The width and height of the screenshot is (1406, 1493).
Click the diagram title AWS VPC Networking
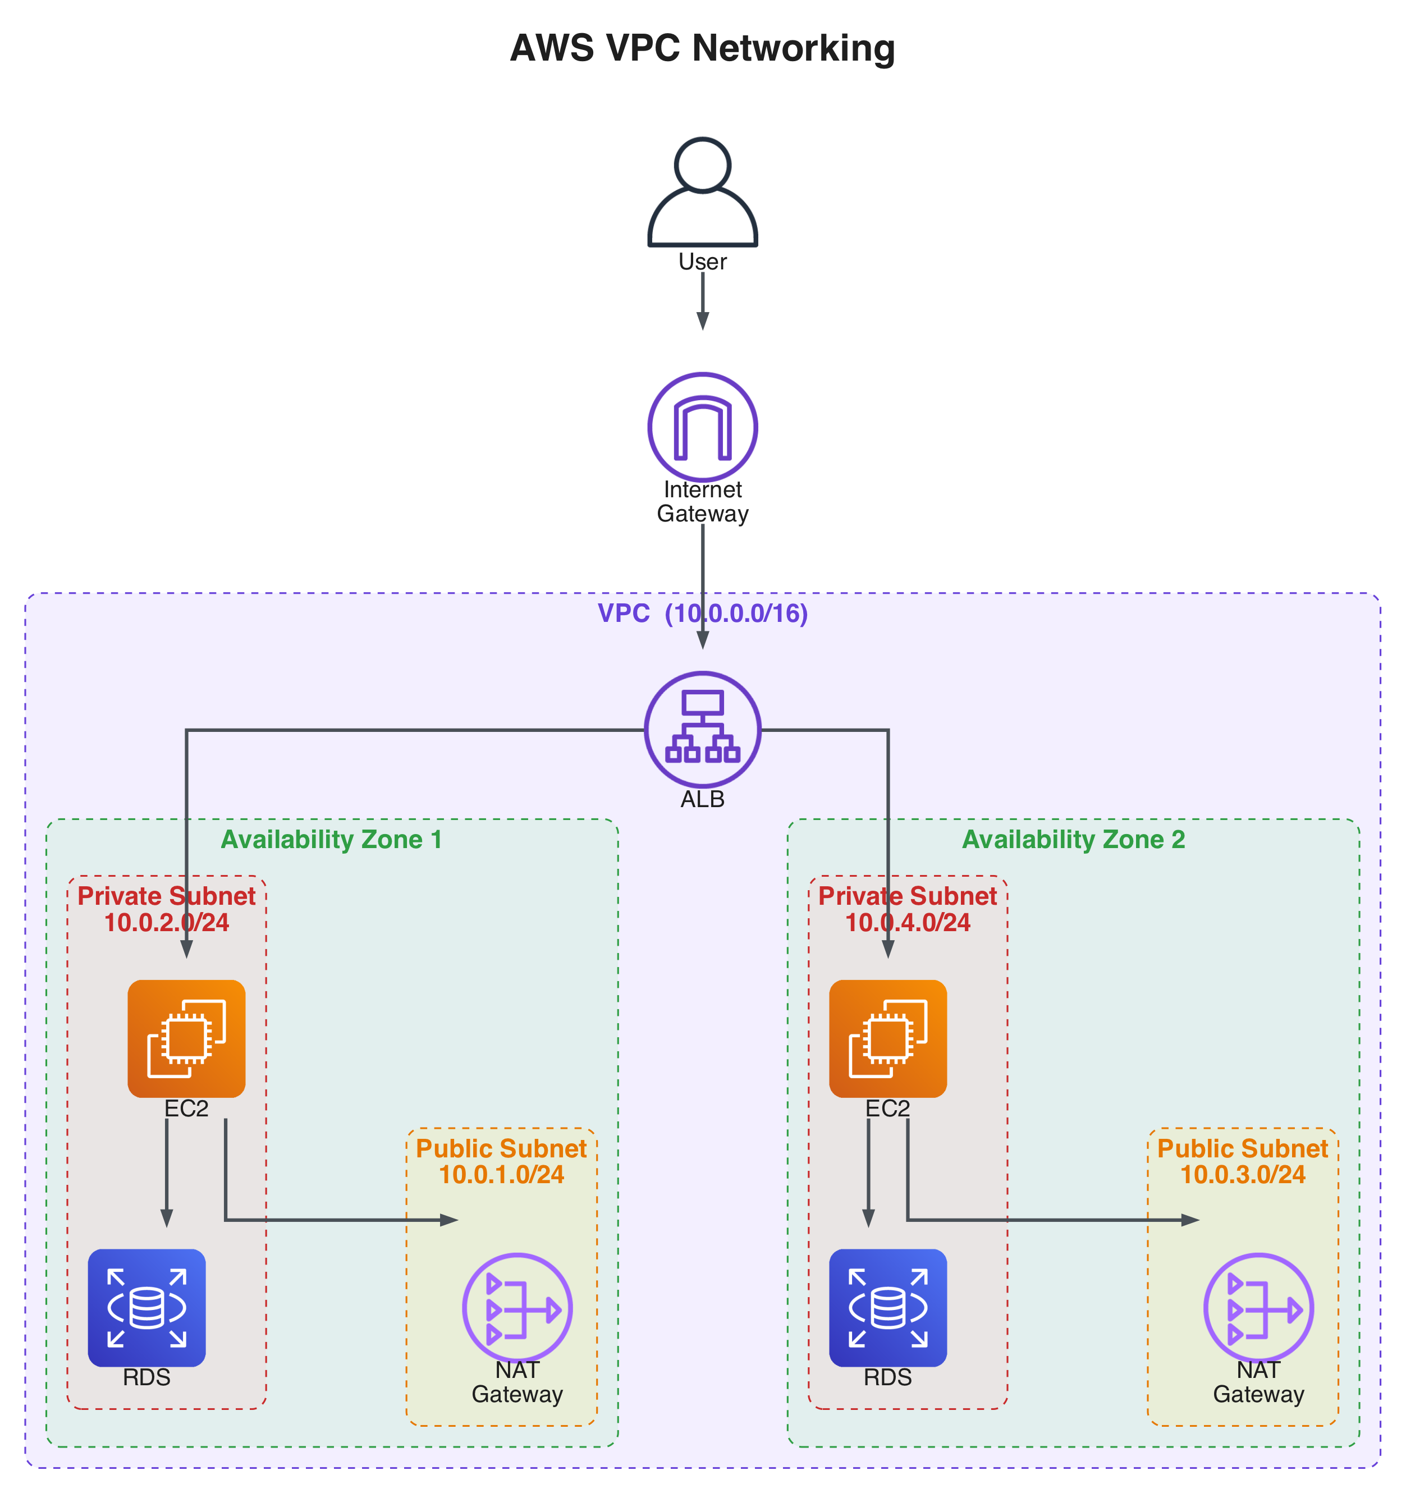[x=702, y=48]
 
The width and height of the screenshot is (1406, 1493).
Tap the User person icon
[x=702, y=193]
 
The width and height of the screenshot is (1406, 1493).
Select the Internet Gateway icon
[x=702, y=427]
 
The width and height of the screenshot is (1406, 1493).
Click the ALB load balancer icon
[x=702, y=729]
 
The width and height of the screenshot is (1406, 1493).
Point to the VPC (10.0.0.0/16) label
[x=702, y=613]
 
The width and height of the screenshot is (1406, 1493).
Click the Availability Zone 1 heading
[x=331, y=840]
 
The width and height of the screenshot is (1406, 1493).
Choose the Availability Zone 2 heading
[x=1073, y=840]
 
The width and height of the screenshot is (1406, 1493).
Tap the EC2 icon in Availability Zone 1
[x=186, y=1038]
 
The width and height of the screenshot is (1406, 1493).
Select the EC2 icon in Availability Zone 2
[x=888, y=1038]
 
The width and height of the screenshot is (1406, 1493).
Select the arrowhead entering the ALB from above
[x=702, y=640]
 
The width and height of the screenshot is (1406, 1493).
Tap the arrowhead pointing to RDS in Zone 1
[x=167, y=1218]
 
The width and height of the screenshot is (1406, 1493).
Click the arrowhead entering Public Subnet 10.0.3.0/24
[x=1190, y=1220]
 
